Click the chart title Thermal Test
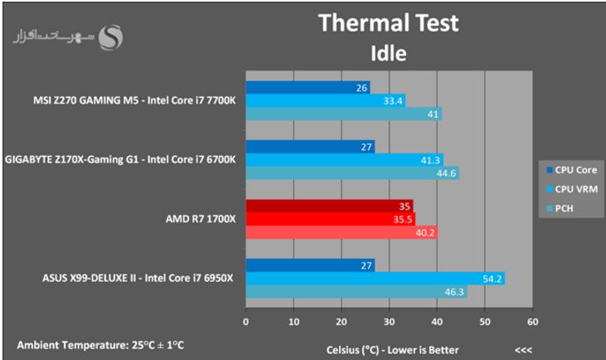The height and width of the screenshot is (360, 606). [388, 23]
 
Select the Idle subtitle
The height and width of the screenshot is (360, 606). [388, 54]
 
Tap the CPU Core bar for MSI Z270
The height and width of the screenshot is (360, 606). [308, 87]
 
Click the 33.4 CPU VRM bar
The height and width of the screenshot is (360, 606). [325, 100]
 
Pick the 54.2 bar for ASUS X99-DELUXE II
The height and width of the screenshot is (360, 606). [375, 279]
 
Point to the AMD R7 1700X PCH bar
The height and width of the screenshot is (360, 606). [341, 232]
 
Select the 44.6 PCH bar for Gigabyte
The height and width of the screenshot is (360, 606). [351, 173]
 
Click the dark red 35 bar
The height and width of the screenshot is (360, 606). [329, 207]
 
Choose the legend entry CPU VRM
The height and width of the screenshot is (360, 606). [571, 189]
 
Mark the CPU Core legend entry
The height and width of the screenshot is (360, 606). [571, 170]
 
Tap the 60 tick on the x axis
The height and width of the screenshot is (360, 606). [532, 322]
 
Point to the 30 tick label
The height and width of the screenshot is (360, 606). [389, 322]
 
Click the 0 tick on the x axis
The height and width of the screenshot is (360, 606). [245, 322]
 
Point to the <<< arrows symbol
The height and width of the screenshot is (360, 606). [523, 348]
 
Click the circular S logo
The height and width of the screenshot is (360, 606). [109, 37]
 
